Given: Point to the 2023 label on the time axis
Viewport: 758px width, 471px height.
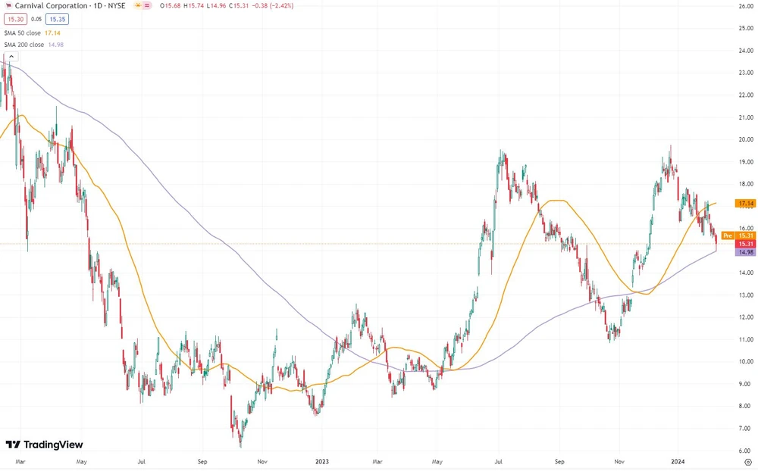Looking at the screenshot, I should point(322,460).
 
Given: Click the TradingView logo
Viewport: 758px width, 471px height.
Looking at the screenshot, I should point(44,445).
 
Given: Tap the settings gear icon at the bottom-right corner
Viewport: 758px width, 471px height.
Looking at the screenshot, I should point(747,460).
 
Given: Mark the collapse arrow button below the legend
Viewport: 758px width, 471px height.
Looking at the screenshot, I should point(8,57).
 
